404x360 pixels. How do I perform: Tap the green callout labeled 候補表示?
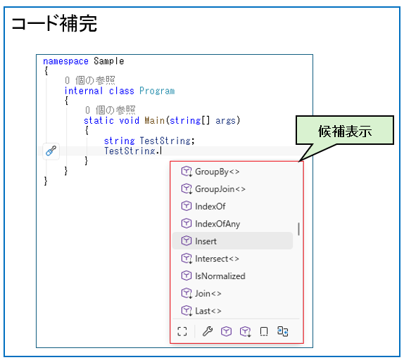click(345, 130)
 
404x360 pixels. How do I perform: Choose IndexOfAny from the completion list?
click(217, 224)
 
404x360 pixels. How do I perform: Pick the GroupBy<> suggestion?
click(217, 172)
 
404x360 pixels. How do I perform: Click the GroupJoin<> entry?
click(220, 189)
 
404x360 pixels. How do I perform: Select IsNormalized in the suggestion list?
click(220, 276)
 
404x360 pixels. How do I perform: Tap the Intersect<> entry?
click(217, 259)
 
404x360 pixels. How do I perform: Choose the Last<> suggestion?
click(208, 311)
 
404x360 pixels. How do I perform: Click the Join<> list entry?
click(208, 294)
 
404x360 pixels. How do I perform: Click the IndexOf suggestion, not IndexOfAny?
click(210, 206)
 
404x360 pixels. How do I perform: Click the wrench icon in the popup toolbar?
click(208, 331)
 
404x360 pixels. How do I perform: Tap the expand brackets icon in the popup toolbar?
click(182, 331)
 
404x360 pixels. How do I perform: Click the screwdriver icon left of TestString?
click(51, 150)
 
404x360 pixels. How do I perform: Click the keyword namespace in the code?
click(65, 61)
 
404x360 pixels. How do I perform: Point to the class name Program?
click(157, 91)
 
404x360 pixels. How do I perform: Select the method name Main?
click(155, 120)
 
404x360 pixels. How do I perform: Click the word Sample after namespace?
click(108, 61)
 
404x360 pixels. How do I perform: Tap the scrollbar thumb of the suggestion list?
click(298, 229)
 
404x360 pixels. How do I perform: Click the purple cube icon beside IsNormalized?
click(187, 276)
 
